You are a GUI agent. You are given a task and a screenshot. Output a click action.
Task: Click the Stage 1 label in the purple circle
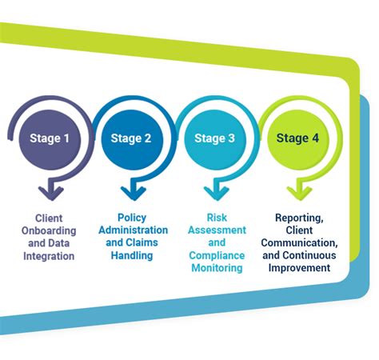point(50,138)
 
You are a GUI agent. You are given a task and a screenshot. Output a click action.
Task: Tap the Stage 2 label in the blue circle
point(131,138)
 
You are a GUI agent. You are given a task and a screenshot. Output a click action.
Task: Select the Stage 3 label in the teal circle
point(214,138)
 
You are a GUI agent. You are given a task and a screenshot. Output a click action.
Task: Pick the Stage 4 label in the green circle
point(297,138)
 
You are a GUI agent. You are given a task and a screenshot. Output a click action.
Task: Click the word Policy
point(132,218)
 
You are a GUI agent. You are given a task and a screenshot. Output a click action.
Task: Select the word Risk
point(217,218)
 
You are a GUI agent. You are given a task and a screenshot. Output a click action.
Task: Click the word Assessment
point(217,230)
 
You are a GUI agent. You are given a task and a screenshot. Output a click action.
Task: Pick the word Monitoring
point(217,268)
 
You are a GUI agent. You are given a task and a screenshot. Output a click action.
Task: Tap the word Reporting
point(301,218)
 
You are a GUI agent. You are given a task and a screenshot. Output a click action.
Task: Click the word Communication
point(301,243)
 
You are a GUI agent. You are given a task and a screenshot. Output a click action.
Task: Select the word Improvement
point(301,268)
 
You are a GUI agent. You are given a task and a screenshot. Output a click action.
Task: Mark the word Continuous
point(314,256)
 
